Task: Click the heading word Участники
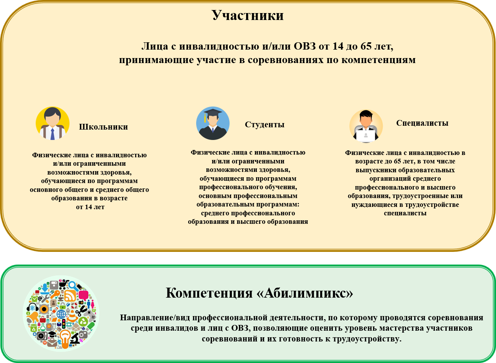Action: pos(248,15)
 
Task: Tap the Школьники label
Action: pos(103,127)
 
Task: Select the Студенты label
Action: pos(265,125)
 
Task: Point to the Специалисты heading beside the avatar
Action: pos(422,123)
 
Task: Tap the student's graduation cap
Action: pos(213,112)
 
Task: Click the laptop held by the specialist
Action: pos(366,135)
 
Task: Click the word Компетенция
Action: pos(209,293)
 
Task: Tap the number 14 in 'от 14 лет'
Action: pos(88,207)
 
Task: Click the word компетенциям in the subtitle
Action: pos(379,60)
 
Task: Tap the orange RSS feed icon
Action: pos(70,296)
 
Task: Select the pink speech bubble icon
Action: pos(84,295)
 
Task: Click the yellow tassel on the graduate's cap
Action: pos(205,118)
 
